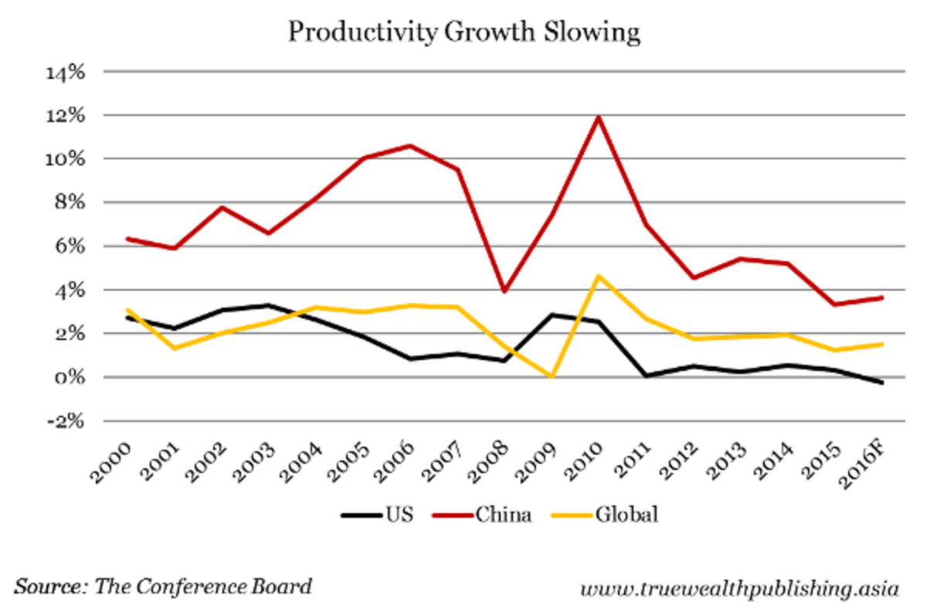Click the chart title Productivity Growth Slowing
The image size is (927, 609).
[x=463, y=32]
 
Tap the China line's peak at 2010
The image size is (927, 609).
[x=598, y=117]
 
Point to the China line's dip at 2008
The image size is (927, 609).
[x=504, y=291]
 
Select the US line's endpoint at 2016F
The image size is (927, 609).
[x=881, y=383]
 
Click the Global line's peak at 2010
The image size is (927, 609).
[x=598, y=276]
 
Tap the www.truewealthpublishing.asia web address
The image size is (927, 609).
[x=739, y=588]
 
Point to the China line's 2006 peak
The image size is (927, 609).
[x=409, y=145]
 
